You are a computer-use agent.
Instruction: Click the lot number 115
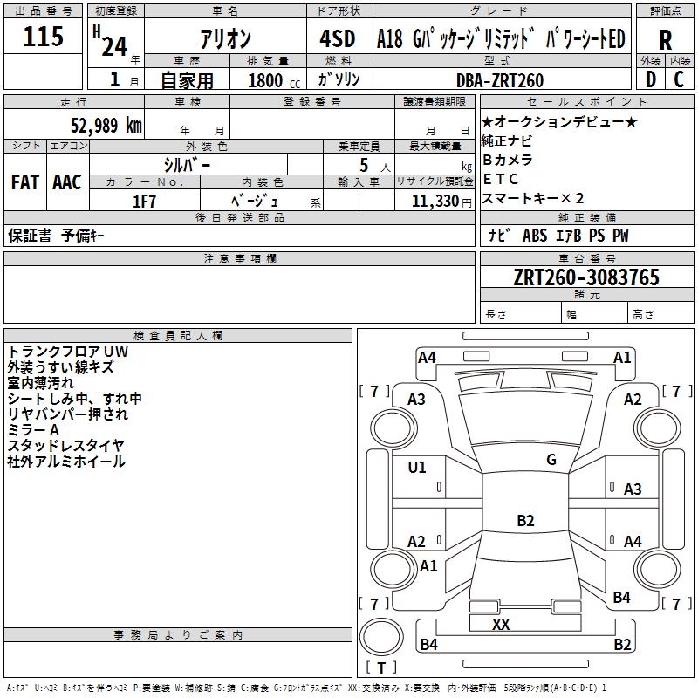tap(44, 38)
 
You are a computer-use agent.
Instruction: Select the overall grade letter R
tap(665, 41)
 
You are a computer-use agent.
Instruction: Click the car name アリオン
tap(225, 40)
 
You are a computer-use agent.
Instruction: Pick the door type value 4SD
tap(338, 40)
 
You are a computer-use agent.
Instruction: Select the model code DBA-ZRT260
tap(500, 80)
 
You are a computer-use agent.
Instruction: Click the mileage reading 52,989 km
tap(95, 125)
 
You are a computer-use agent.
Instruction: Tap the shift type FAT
tap(24, 181)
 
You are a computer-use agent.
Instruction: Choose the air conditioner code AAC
tap(67, 181)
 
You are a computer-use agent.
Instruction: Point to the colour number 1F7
tap(144, 201)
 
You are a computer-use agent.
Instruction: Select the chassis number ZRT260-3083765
tap(586, 277)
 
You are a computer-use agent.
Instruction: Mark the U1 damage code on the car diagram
tap(417, 468)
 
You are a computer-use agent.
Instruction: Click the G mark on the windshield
tap(551, 459)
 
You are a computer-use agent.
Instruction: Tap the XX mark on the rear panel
tap(501, 625)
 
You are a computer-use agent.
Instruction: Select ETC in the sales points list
tap(501, 179)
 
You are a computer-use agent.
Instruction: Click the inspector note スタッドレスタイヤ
tap(66, 446)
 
